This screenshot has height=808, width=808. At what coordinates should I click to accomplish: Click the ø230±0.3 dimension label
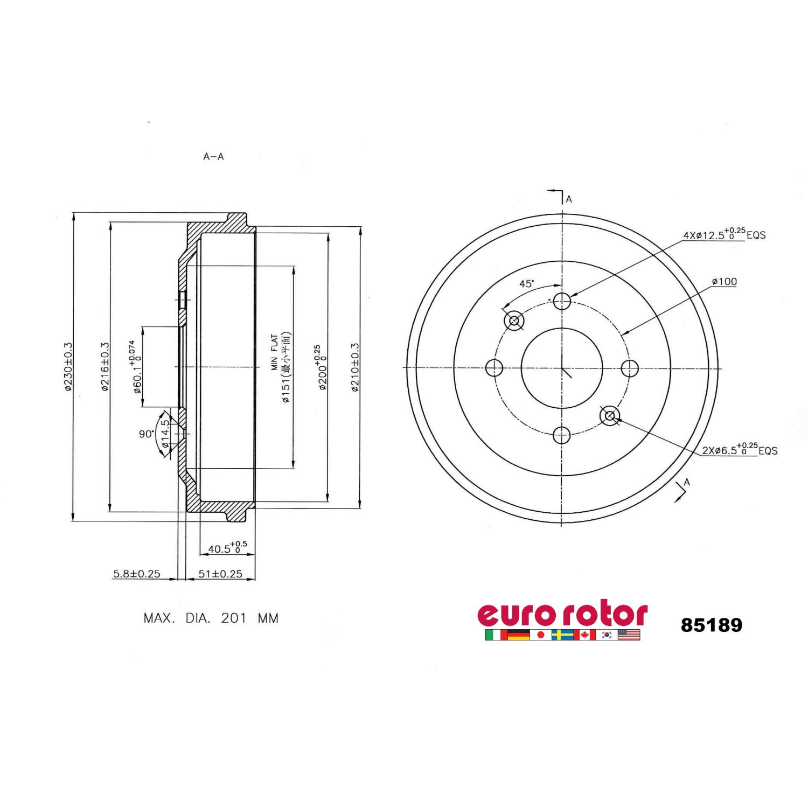tap(68, 366)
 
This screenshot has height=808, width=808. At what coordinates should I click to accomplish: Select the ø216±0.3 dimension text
tap(105, 366)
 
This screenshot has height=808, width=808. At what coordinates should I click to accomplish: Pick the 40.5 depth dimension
tap(227, 548)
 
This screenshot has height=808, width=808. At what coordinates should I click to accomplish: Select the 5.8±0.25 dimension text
tap(136, 574)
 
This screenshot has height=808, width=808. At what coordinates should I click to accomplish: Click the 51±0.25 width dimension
tap(220, 574)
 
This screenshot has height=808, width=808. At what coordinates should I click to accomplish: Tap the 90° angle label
tap(146, 434)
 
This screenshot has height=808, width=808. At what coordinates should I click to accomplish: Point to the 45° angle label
tap(526, 283)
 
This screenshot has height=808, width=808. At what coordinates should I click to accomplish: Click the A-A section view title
tap(213, 157)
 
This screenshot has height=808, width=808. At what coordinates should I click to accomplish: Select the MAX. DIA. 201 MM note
tap(211, 618)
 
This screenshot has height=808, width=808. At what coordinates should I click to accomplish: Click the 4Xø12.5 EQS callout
tap(724, 234)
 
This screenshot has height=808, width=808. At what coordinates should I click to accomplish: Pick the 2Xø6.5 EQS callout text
tap(739, 450)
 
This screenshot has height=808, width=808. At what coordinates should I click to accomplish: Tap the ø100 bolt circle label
tap(724, 281)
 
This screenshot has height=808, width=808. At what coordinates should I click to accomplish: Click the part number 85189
tap(711, 625)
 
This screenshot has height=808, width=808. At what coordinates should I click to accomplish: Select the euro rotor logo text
tap(562, 614)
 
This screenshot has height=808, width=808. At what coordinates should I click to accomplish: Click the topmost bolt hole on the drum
tap(562, 301)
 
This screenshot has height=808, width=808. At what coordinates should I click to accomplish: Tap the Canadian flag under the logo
tap(585, 635)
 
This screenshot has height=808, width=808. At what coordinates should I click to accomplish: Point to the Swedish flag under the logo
tap(562, 635)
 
